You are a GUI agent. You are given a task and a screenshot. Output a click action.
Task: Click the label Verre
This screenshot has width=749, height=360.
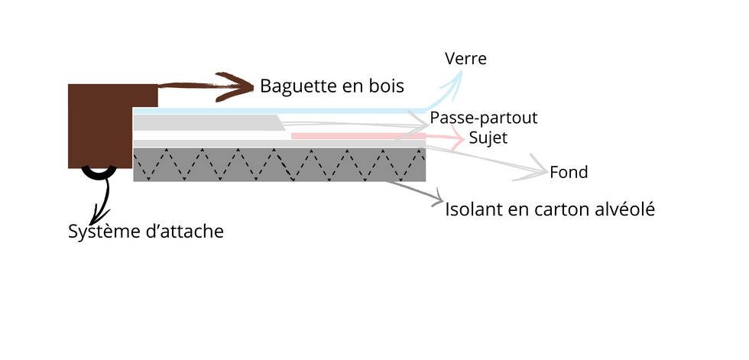click(x=465, y=59)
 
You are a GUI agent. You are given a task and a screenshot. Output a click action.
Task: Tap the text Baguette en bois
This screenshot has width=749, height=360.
click(x=332, y=86)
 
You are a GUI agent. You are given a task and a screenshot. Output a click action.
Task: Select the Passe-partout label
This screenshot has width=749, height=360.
click(x=484, y=118)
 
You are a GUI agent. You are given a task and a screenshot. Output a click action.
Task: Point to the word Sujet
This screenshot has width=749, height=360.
click(x=488, y=138)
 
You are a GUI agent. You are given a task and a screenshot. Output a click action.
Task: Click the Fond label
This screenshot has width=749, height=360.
click(x=569, y=173)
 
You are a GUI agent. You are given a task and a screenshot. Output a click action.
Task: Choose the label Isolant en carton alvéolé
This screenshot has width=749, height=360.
click(x=550, y=209)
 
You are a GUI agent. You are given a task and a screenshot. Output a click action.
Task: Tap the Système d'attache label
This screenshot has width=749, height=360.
click(x=146, y=232)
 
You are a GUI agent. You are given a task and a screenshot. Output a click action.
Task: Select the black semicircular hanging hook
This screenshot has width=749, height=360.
click(x=99, y=173)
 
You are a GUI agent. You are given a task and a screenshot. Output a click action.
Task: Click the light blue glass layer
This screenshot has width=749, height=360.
click(x=280, y=111)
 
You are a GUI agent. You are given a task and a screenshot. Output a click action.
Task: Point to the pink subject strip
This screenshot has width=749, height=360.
click(x=358, y=136)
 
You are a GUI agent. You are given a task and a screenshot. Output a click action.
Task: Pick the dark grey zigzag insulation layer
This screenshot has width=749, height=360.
click(x=280, y=165)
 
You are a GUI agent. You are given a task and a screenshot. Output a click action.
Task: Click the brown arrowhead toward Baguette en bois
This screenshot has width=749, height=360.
click(x=235, y=87)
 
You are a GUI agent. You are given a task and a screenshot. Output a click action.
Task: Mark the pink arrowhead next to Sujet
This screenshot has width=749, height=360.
click(x=457, y=138)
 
